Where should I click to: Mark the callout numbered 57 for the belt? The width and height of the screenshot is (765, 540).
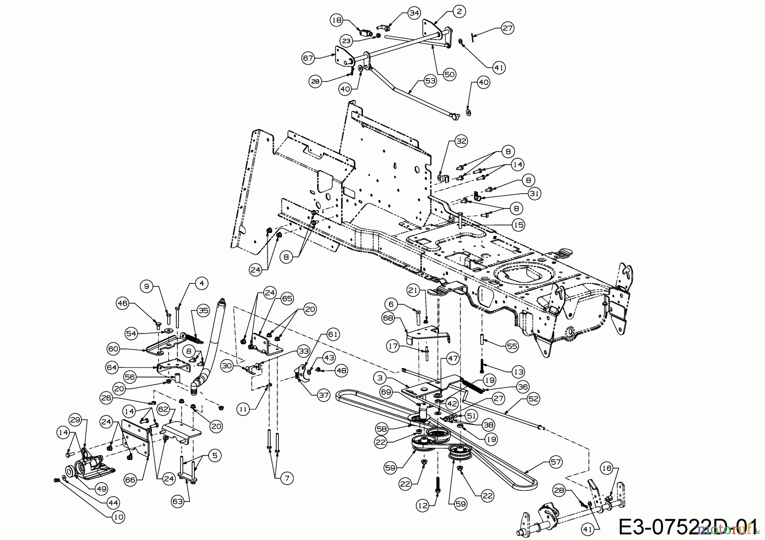pyautogui.click(x=555, y=462)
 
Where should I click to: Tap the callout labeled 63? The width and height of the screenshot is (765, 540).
pyautogui.click(x=178, y=501)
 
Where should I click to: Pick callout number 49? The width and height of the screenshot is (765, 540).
pyautogui.click(x=101, y=489)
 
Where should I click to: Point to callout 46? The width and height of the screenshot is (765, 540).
pyautogui.click(x=123, y=304)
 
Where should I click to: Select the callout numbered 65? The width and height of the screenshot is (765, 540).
pyautogui.click(x=287, y=298)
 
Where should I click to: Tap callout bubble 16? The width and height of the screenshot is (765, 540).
pyautogui.click(x=606, y=469)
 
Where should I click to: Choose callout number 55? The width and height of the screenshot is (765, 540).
pyautogui.click(x=512, y=346)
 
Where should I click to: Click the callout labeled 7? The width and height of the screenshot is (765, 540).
pyautogui.click(x=286, y=478)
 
